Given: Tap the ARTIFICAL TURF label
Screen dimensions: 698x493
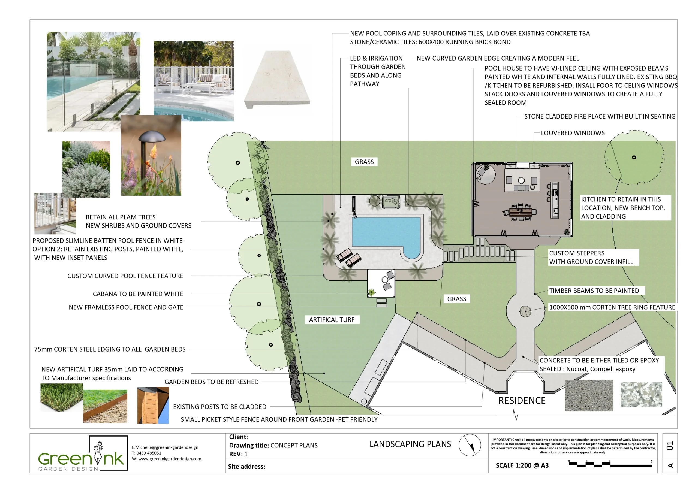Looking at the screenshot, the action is [332, 320].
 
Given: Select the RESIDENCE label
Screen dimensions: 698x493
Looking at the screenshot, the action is [522, 401].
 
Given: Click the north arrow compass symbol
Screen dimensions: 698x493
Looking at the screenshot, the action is [470, 445].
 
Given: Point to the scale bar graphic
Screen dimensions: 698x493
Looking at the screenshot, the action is [610, 464].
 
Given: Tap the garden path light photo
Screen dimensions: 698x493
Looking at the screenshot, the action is [151, 155].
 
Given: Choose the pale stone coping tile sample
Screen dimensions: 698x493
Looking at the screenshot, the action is [277, 79].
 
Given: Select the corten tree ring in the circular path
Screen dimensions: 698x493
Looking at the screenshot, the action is [525, 311].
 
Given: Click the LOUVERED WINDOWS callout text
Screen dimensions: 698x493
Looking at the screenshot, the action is [573, 133].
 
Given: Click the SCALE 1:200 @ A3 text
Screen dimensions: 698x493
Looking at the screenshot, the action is [522, 465].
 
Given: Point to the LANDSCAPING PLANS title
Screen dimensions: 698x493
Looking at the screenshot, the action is [410, 444].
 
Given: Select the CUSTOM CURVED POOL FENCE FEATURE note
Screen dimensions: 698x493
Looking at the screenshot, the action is [125, 276].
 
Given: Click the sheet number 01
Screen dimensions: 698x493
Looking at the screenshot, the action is [670, 446].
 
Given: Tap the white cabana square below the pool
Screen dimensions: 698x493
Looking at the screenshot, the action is [381, 283].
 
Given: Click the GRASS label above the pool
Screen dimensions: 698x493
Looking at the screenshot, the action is [364, 162].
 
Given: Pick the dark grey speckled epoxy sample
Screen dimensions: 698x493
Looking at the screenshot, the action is [589, 395].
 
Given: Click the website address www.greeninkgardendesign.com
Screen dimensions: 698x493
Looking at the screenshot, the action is [170, 459].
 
